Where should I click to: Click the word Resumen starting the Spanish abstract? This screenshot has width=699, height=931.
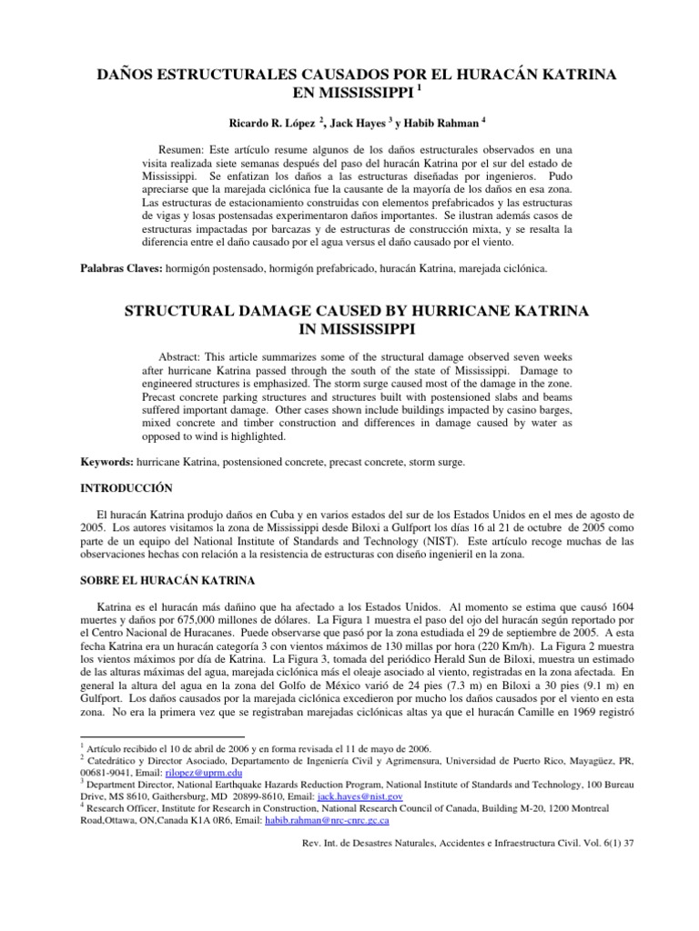(x=181, y=147)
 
